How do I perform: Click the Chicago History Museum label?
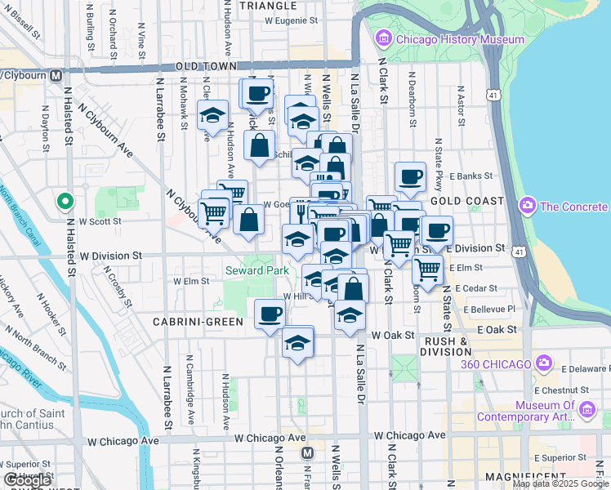[460, 39]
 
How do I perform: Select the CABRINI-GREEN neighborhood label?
[198, 322]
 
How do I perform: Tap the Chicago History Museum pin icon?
[383, 38]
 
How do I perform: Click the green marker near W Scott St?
[65, 201]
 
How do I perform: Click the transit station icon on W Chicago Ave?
[307, 452]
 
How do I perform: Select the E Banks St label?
[475, 176]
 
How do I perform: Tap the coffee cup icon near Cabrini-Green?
[270, 314]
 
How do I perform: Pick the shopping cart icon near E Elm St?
[427, 268]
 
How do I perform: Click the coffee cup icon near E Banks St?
[410, 176]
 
